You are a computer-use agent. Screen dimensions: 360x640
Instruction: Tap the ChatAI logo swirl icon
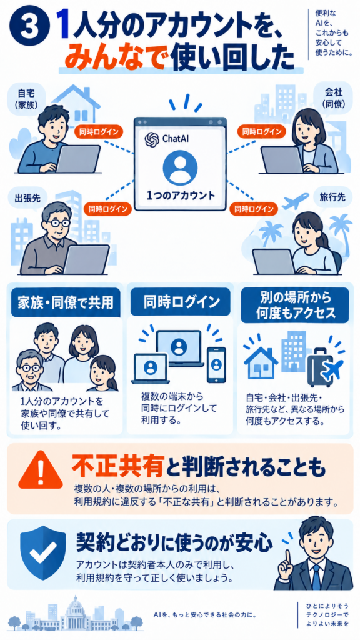tap(151, 139)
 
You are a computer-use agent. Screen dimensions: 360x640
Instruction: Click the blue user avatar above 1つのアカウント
tap(180, 167)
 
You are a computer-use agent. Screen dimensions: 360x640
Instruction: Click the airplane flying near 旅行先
tap(296, 202)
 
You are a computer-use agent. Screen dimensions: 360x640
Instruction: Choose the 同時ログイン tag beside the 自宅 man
tap(98, 131)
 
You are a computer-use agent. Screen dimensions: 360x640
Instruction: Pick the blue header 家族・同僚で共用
tap(65, 303)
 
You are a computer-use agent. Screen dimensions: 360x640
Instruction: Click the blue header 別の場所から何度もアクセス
tap(295, 305)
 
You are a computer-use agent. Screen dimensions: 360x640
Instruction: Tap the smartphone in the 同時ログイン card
tap(216, 364)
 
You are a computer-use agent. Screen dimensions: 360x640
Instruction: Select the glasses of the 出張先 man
tap(58, 223)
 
